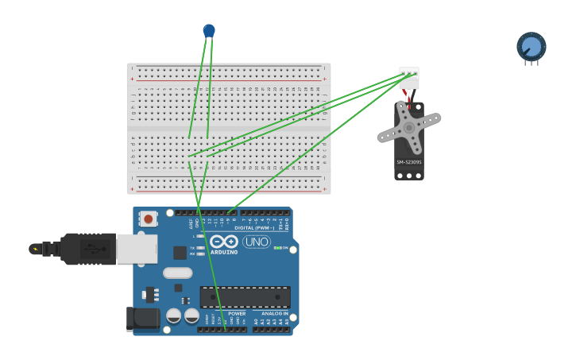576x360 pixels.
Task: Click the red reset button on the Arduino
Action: click(148, 218)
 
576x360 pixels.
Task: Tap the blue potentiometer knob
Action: click(531, 46)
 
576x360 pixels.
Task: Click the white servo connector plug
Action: click(409, 78)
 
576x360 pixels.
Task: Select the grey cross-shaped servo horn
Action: click(408, 128)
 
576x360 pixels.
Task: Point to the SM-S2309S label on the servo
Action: click(409, 162)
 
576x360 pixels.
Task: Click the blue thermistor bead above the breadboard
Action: click(209, 30)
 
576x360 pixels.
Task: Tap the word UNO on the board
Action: click(257, 242)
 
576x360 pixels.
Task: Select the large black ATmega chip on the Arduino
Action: click(245, 297)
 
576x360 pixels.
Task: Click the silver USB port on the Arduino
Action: click(137, 249)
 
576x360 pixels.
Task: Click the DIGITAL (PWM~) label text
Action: click(256, 228)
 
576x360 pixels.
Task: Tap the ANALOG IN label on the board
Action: click(275, 314)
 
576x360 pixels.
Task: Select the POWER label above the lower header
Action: click(237, 314)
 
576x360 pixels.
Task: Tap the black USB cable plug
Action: click(88, 249)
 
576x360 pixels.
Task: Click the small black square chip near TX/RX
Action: click(180, 253)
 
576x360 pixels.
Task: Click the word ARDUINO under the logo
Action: click(224, 252)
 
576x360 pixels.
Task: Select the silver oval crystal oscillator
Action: click(178, 273)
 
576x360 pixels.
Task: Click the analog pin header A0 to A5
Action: click(272, 328)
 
